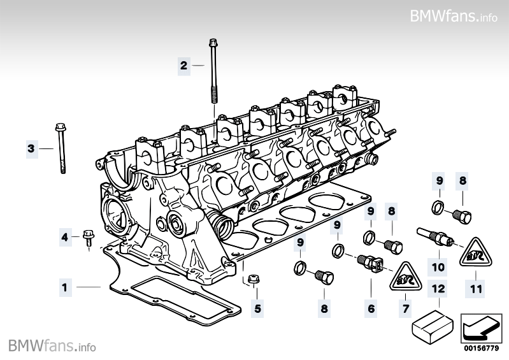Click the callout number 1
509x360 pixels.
64,287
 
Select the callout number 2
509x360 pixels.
183,65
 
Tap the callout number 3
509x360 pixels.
30,148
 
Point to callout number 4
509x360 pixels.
64,238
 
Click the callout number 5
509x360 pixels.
258,309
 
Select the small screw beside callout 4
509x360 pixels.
88,238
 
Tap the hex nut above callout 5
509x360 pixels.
253,278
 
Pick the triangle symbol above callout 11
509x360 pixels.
473,254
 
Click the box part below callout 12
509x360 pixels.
432,323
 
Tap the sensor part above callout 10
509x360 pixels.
435,236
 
